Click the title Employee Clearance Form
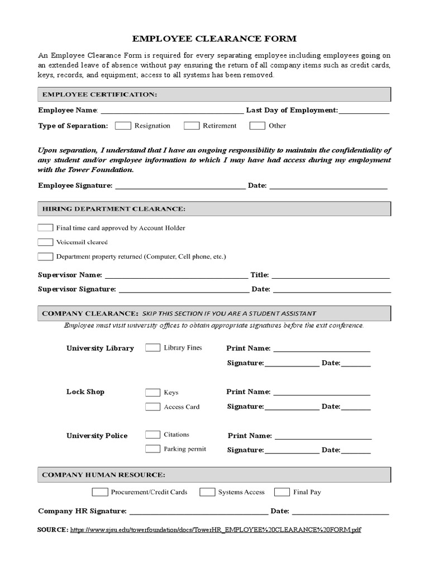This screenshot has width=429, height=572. point(214,39)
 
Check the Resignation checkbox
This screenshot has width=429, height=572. point(123,126)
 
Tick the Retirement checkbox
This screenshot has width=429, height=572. point(192,126)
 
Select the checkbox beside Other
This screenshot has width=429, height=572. point(257,126)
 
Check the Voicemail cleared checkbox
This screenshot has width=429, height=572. point(45,242)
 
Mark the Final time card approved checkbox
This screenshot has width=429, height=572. point(45,228)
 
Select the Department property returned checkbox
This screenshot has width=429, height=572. point(45,257)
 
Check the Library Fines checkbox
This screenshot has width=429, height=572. point(152,348)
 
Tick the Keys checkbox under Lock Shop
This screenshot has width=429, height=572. point(152,392)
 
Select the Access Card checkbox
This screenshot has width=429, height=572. point(152,407)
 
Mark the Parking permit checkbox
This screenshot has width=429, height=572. point(152,449)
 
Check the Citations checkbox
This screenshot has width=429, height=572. point(152,435)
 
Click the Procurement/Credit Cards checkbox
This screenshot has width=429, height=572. point(100,492)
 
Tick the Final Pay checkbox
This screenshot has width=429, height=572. point(283,492)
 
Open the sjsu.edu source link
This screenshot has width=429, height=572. point(216,530)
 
